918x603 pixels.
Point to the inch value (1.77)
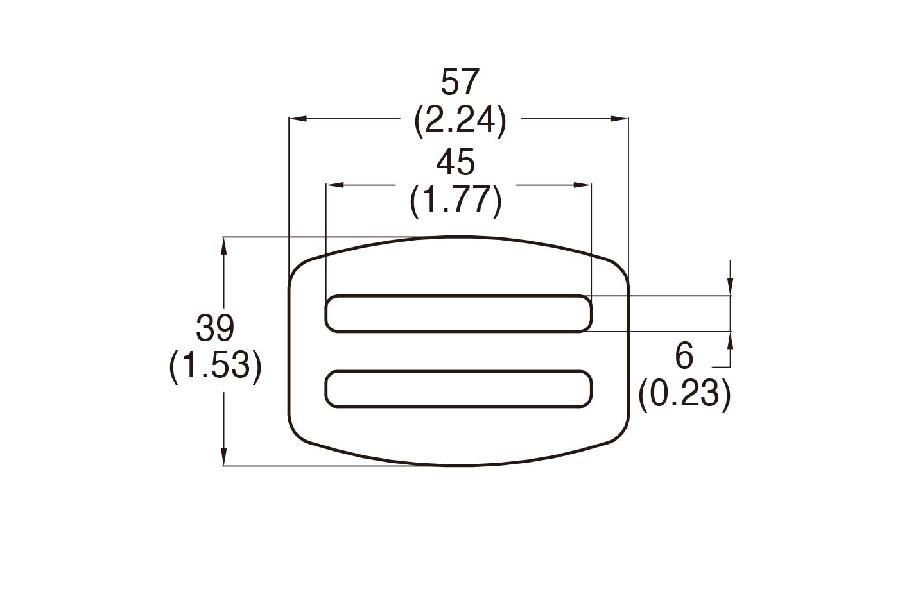pyautogui.click(x=455, y=200)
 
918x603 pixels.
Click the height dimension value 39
pyautogui.click(x=215, y=328)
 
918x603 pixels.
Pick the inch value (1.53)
pyautogui.click(x=215, y=366)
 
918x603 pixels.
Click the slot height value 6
pyautogui.click(x=684, y=355)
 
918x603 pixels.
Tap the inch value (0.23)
pyautogui.click(x=684, y=393)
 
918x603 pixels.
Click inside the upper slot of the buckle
pyautogui.click(x=458, y=314)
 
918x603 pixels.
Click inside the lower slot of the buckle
pyautogui.click(x=458, y=389)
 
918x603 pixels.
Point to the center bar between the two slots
pyautogui.click(x=458, y=351)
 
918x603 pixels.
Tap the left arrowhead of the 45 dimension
pyautogui.click(x=334, y=185)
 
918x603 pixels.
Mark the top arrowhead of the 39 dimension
pyautogui.click(x=223, y=245)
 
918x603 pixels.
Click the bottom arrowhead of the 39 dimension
pyautogui.click(x=223, y=457)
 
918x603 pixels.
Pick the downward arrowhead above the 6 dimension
pyautogui.click(x=730, y=288)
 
